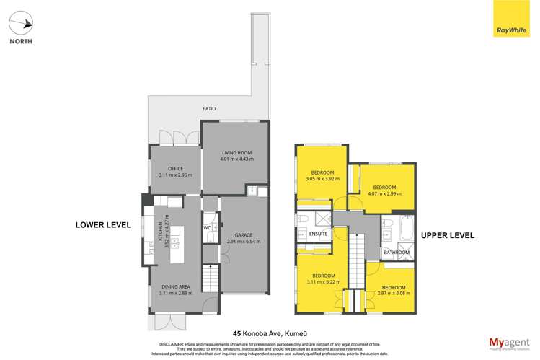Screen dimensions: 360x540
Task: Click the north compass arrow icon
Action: pyautogui.click(x=25, y=24)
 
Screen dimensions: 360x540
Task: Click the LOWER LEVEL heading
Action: pyautogui.click(x=103, y=225)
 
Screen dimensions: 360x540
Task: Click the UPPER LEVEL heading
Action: pyautogui.click(x=445, y=235)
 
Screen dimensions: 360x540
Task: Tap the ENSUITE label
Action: pyautogui.click(x=318, y=234)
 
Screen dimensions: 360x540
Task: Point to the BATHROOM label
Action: pyautogui.click(x=397, y=253)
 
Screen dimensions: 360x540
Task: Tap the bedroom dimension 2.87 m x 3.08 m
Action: pyautogui.click(x=394, y=294)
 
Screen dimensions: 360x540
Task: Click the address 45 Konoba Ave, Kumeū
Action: pyautogui.click(x=270, y=333)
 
